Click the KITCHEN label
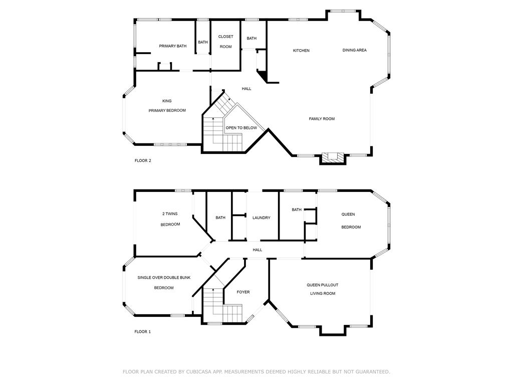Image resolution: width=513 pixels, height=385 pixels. tap(301, 51)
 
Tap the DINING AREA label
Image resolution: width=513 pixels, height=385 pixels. tap(354, 50)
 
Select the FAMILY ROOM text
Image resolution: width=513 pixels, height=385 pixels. tap(322, 119)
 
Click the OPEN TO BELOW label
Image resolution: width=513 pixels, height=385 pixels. tap(241, 128)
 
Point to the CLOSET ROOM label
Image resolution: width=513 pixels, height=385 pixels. tap(226, 42)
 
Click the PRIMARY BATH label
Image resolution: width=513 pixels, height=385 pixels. tap(173, 46)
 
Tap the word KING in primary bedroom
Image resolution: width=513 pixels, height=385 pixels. tap(167, 101)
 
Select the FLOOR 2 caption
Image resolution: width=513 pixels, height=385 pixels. tap(143, 160)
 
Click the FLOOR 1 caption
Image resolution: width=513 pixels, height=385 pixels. tap(143, 332)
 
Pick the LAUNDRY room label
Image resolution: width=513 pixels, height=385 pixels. tap(262, 218)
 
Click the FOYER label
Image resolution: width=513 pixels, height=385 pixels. tap(243, 292)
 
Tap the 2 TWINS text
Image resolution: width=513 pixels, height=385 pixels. tap(170, 214)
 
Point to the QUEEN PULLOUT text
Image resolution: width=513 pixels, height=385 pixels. tap(323, 285)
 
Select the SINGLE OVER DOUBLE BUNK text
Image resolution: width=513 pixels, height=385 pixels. tap(164, 278)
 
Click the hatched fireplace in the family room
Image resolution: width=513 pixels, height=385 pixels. tap(333, 157)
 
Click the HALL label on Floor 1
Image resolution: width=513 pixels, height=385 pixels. tap(258, 250)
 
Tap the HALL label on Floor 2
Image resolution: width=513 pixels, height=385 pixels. tap(246, 89)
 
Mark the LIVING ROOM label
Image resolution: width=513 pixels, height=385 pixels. tap(323, 293)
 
